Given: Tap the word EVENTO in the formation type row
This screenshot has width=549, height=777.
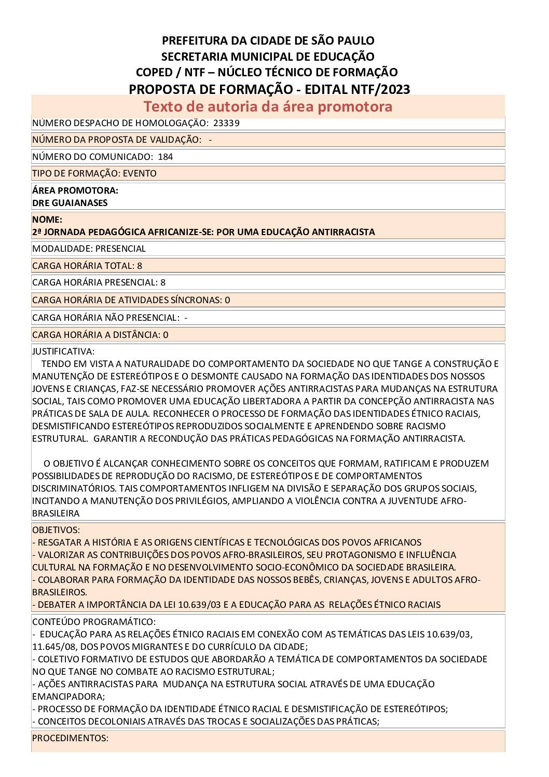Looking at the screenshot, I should pos(140,173).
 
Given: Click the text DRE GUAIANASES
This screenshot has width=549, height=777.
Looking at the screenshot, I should pos(70,203).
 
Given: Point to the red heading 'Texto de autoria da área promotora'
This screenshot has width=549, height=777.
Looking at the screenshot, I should pos(268,106).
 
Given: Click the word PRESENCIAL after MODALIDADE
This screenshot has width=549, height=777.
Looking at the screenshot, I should pos(120,249).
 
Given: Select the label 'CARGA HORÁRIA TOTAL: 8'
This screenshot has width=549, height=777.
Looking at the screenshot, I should pos(87,266).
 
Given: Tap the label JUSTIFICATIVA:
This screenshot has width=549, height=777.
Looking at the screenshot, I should pos(63,351).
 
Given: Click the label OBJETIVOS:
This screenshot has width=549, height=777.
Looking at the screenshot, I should pos(56,530).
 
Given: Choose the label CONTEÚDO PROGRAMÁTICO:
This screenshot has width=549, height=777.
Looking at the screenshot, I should pos(94,622).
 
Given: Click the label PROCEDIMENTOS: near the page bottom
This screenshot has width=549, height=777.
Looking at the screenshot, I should pos(70,738).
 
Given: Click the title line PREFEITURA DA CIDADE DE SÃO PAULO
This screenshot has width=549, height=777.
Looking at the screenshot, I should pos(268,40).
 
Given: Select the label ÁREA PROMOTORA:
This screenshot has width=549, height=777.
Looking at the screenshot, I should pos(75,190).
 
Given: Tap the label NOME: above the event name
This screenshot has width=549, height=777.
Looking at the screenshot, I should pos(47,220).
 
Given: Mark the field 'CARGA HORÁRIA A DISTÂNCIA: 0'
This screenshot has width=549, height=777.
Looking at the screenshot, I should pos(100,335).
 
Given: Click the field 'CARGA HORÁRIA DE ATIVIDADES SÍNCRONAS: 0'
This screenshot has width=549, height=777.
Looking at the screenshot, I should pos(131,300).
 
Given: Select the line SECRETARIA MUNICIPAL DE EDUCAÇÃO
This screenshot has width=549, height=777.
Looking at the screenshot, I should pos(268,57).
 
